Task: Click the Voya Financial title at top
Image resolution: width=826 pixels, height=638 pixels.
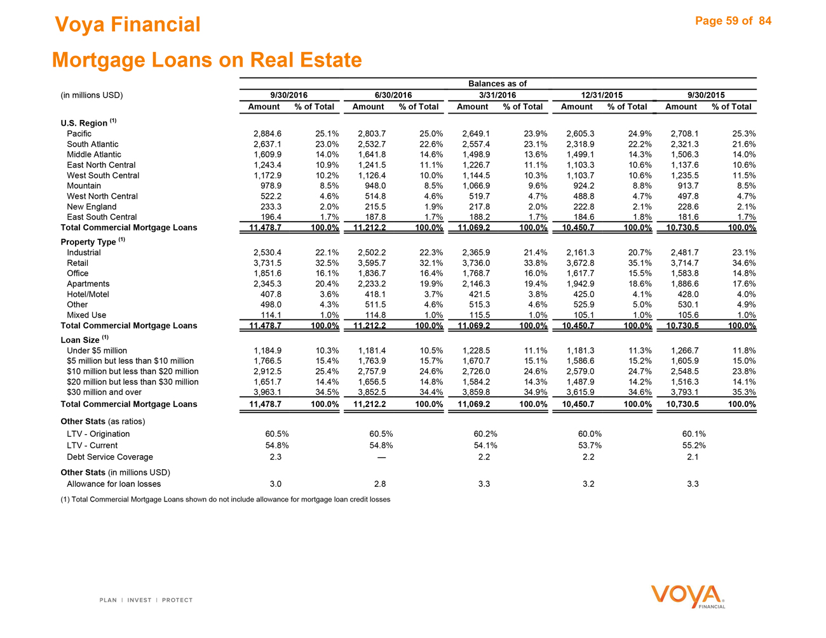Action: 127,25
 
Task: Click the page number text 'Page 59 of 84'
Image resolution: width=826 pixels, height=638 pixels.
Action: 733,21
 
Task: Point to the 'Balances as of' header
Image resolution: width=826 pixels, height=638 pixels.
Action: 498,84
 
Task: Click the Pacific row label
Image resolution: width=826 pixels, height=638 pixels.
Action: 79,134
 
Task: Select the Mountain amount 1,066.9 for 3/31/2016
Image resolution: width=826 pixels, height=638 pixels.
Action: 475,186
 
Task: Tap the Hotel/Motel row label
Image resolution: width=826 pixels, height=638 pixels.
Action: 88,295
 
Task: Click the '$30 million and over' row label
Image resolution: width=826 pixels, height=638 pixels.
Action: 104,392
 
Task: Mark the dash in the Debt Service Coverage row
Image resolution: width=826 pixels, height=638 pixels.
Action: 381,457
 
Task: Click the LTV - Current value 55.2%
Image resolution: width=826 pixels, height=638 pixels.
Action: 693,446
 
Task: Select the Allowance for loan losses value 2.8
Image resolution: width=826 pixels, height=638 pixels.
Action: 380,484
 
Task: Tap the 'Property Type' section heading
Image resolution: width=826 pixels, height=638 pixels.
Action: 88,242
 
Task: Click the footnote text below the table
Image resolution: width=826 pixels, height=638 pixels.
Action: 226,500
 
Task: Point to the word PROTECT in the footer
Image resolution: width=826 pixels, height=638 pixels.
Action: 177,600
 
